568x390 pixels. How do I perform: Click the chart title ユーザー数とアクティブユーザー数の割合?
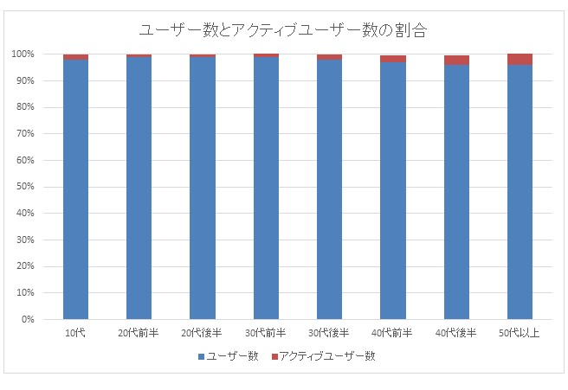(284, 29)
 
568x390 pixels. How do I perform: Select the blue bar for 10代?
(75, 190)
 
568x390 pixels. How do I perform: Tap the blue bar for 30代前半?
(266, 190)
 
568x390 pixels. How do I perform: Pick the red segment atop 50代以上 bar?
(520, 60)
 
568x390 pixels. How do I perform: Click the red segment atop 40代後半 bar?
(456, 61)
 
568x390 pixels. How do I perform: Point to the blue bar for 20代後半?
(203, 190)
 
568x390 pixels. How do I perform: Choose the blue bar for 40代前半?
(393, 190)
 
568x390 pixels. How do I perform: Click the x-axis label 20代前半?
(139, 333)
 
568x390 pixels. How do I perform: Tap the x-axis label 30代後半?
(329, 333)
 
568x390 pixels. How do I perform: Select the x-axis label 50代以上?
(520, 333)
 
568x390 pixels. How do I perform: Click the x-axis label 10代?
(75, 333)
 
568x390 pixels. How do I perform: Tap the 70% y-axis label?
(25, 134)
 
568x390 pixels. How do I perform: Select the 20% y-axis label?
(25, 266)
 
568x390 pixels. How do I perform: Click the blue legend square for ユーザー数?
(202, 356)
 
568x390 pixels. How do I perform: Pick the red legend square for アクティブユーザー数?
(274, 356)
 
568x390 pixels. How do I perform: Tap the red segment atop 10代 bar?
(75, 57)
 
